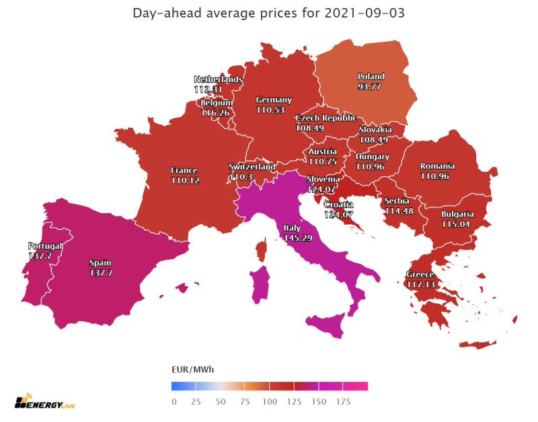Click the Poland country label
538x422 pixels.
pyautogui.click(x=371, y=77)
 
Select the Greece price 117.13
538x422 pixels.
pyautogui.click(x=420, y=285)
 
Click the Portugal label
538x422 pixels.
pyautogui.click(x=44, y=246)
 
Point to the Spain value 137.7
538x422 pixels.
pyautogui.click(x=100, y=273)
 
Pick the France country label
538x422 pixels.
pyautogui.click(x=184, y=171)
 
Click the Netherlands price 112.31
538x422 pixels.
pyautogui.click(x=217, y=89)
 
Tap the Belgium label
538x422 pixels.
pyautogui.click(x=217, y=103)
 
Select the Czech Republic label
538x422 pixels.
pyautogui.click(x=325, y=118)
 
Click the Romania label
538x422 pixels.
pyautogui.click(x=437, y=166)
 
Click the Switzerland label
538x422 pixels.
pyautogui.click(x=252, y=166)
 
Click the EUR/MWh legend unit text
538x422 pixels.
pyautogui.click(x=194, y=370)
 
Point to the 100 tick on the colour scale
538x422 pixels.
pyautogui.click(x=270, y=401)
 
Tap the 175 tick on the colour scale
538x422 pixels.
pyautogui.click(x=343, y=401)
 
